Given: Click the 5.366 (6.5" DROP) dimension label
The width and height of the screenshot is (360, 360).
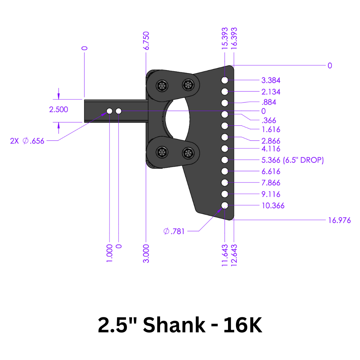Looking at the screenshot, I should point(292,160).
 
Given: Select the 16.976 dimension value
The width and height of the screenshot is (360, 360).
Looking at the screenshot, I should point(339,220).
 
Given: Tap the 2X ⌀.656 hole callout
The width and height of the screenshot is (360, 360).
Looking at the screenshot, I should point(27,141).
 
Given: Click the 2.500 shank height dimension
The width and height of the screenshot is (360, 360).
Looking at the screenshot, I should point(59,109).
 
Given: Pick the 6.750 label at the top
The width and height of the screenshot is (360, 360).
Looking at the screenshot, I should point(146,41).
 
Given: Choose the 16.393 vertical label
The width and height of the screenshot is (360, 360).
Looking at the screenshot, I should point(234,39).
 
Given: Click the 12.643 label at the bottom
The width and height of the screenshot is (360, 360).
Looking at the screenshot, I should point(234,255).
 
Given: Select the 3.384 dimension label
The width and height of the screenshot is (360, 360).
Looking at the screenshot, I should point(271,80).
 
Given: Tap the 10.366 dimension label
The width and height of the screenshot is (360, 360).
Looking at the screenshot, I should point(273,206).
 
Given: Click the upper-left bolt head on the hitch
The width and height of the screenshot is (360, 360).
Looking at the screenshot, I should point(162,86).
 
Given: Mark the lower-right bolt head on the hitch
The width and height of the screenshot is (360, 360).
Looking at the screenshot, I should point(188,153).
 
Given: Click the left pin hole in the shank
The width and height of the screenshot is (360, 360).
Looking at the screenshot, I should point(109,111).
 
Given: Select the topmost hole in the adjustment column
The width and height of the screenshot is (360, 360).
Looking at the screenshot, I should point(225,80).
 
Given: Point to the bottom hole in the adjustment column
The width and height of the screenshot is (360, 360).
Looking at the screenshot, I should point(225,205).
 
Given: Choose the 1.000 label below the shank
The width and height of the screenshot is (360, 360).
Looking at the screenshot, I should point(110,253).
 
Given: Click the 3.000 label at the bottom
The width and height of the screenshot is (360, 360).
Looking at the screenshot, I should point(146,253).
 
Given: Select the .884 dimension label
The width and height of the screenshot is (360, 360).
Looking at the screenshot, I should point(269,102).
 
